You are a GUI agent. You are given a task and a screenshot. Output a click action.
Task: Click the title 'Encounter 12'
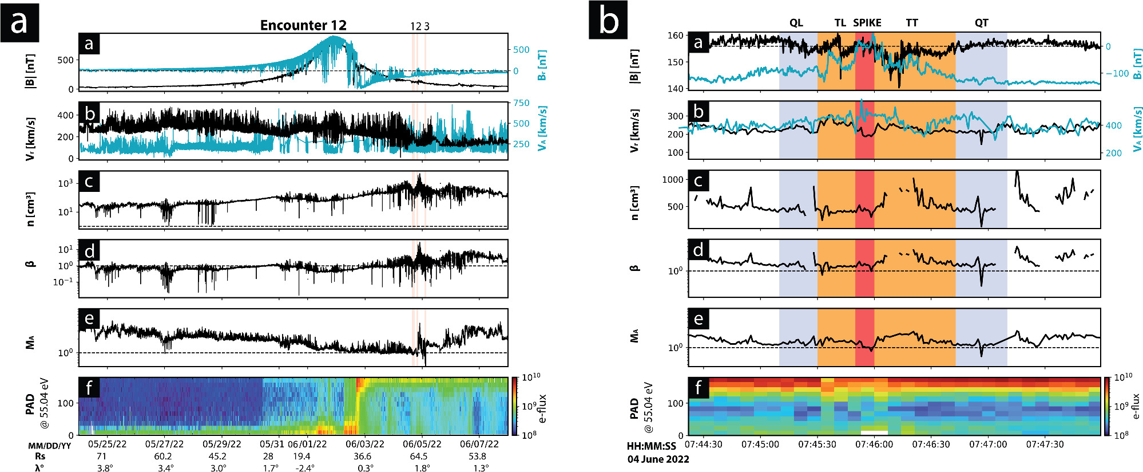(x=303, y=25)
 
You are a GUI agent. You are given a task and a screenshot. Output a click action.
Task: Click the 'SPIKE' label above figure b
(x=867, y=23)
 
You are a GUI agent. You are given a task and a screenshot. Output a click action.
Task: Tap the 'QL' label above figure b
(x=796, y=23)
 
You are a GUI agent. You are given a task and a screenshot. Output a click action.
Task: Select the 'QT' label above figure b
(x=981, y=23)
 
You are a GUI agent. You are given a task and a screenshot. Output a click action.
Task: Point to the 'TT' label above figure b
(x=912, y=23)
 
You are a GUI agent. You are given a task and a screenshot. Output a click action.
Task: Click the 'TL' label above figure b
(x=840, y=23)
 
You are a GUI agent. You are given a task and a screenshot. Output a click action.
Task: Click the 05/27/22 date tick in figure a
(x=164, y=444)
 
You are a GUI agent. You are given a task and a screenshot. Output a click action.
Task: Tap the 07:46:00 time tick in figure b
(x=874, y=445)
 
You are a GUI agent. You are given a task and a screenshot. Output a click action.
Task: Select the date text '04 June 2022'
(x=658, y=459)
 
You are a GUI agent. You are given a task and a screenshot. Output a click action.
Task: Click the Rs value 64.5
(x=419, y=457)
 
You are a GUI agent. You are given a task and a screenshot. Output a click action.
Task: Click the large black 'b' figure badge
(x=608, y=21)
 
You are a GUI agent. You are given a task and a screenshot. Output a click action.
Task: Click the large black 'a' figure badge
(x=19, y=22)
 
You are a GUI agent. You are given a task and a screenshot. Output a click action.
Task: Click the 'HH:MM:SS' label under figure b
(x=651, y=446)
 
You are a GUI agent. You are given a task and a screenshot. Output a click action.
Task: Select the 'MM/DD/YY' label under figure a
(x=50, y=446)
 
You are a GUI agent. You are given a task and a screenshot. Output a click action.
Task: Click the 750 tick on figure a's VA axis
(x=521, y=103)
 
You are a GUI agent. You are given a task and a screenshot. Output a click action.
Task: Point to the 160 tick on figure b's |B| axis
(x=675, y=36)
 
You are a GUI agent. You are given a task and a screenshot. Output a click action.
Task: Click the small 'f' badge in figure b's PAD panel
(x=698, y=388)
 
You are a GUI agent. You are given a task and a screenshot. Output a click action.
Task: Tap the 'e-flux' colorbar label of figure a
(x=543, y=408)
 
